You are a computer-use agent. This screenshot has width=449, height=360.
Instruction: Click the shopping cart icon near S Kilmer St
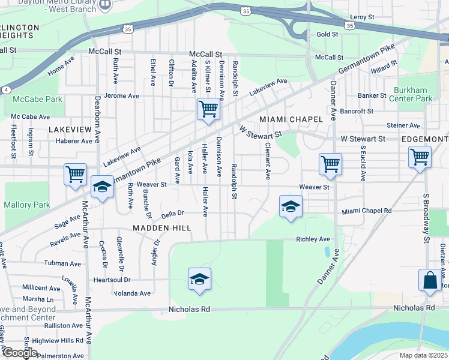point(208,110)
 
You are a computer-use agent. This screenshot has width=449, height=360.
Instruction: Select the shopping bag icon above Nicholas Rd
point(430,281)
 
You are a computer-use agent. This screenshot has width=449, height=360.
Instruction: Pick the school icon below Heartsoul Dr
point(199,280)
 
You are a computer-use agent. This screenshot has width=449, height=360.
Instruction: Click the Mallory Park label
point(27,205)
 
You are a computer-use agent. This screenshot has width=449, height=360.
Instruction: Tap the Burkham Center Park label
point(413,94)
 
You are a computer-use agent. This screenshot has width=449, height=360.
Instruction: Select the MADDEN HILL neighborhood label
point(161,228)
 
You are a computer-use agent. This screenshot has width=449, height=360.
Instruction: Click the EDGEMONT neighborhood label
point(424,139)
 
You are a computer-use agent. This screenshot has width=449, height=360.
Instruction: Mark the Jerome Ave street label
point(121,96)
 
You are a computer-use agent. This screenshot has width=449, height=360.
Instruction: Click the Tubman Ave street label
point(62,263)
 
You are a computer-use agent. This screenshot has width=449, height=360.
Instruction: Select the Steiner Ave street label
point(403,125)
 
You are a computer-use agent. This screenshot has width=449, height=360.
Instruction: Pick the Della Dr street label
point(172,213)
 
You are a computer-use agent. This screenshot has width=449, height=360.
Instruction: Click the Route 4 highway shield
point(5,89)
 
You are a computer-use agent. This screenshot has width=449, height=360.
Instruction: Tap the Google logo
point(20,353)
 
